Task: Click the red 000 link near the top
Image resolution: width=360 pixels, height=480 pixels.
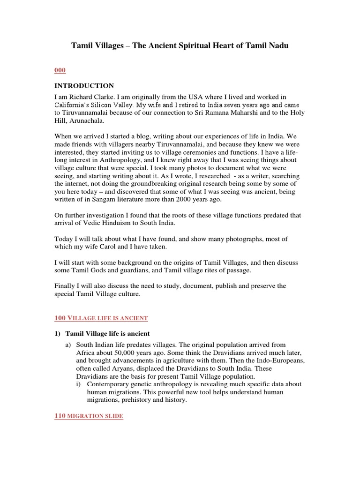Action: click(60, 70)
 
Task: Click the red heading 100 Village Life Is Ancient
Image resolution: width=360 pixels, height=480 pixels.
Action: click(101, 318)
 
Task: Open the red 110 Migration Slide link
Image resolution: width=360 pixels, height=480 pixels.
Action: click(89, 416)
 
